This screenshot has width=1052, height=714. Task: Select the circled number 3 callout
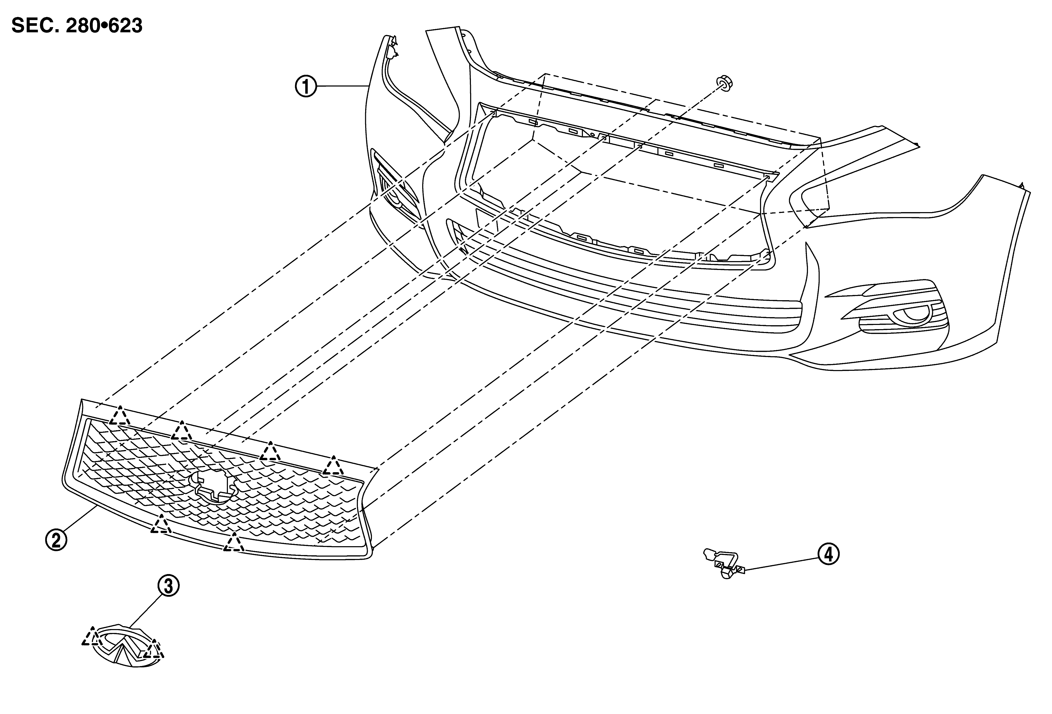pos(169,586)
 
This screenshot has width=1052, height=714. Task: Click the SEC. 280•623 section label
pos(77,26)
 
